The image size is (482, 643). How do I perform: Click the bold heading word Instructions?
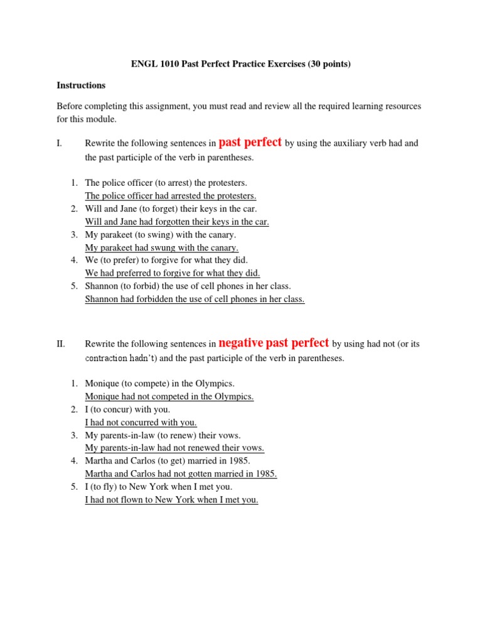[x=81, y=85]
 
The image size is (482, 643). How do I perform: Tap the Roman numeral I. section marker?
[x=60, y=143]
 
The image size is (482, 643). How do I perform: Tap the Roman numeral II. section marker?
[x=61, y=344]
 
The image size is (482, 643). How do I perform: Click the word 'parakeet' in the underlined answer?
[x=117, y=247]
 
